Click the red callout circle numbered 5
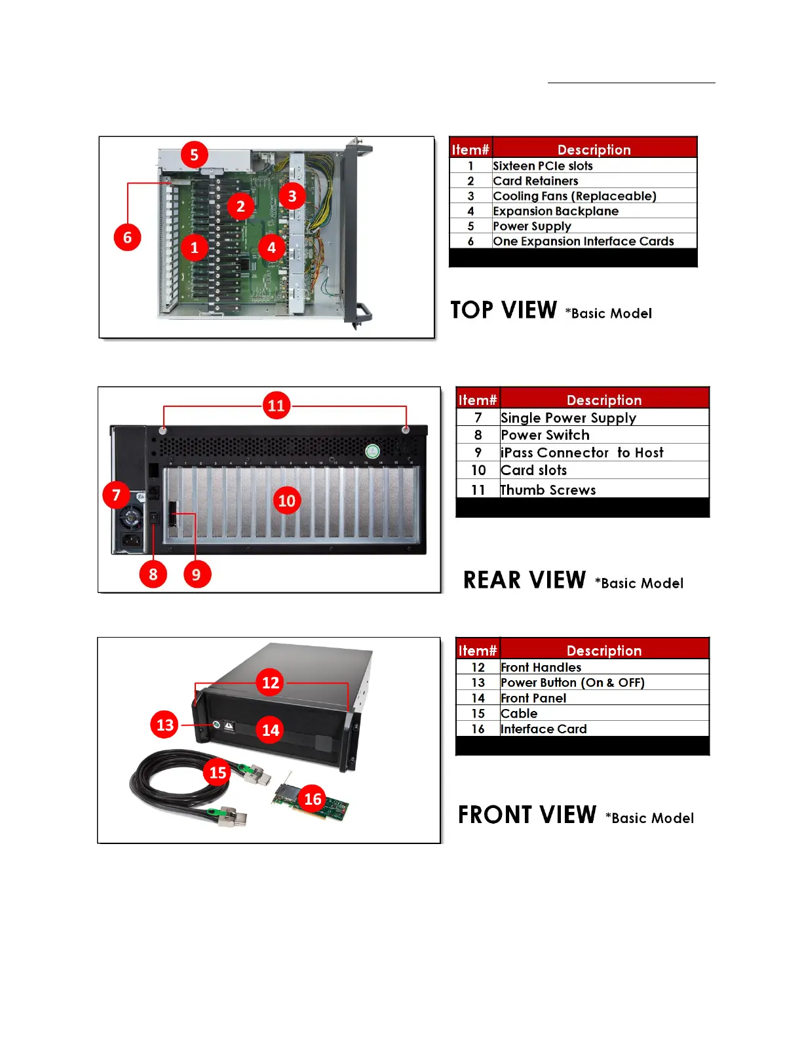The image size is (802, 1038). click(x=194, y=155)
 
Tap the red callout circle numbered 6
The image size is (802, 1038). click(x=127, y=237)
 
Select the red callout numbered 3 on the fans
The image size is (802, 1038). click(x=292, y=196)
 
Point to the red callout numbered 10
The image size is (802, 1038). click(x=287, y=501)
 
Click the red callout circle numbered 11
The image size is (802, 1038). click(x=277, y=406)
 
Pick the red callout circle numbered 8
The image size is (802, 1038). click(x=153, y=575)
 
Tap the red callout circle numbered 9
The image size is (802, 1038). click(x=196, y=575)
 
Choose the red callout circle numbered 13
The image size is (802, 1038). click(x=165, y=725)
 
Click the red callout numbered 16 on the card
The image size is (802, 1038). click(x=313, y=799)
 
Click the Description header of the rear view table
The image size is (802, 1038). click(x=603, y=400)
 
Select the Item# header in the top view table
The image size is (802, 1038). click(x=470, y=149)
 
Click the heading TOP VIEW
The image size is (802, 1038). click(x=503, y=310)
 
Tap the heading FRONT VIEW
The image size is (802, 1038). click(x=527, y=815)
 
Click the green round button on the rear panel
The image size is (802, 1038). click(x=372, y=451)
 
